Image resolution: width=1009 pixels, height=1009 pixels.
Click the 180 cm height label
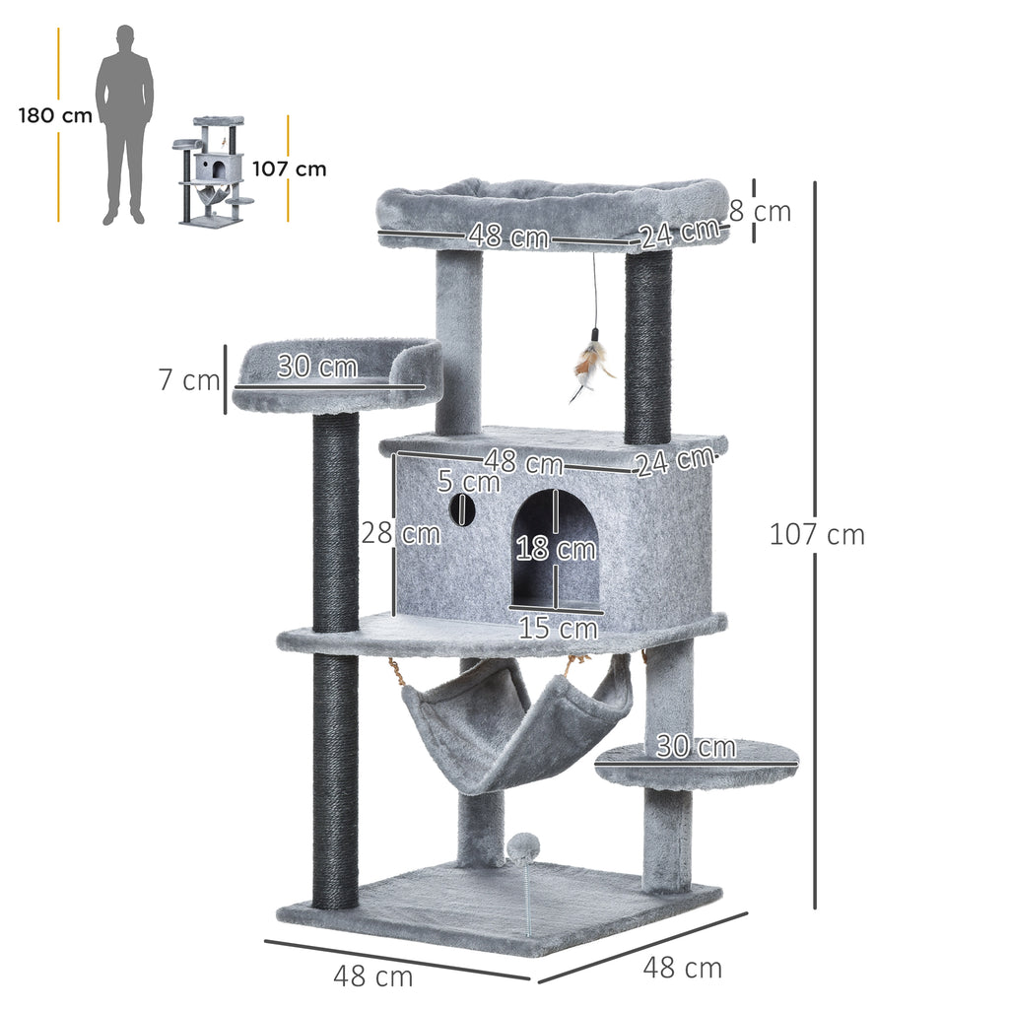coord(55,115)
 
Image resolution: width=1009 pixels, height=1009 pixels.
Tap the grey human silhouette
coord(124,123)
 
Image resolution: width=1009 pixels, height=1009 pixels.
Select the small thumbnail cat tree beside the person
coord(213,169)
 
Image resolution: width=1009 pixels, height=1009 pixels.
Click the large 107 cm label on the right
coord(817,535)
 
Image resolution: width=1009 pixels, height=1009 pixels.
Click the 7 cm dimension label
coord(189,379)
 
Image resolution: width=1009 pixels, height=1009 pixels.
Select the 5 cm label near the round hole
coord(469,482)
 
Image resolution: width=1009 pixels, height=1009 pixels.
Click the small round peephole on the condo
coord(461,509)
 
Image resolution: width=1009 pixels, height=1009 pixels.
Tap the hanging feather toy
coord(591,370)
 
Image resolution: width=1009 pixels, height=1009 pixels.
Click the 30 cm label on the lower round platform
coord(697,747)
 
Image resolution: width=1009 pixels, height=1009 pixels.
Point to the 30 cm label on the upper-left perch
coord(316,367)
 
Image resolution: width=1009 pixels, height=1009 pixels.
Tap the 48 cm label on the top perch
coord(507,236)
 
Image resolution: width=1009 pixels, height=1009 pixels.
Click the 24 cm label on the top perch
coord(678,234)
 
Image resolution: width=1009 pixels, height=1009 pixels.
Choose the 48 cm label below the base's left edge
coord(372,976)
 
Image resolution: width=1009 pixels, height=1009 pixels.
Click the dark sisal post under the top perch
coord(647,345)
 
